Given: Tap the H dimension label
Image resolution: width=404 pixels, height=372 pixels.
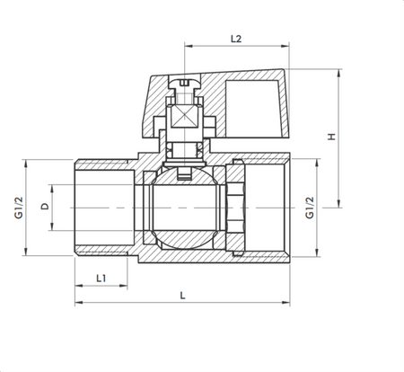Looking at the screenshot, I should (330, 137).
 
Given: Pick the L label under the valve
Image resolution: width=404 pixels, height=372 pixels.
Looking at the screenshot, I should (182, 295).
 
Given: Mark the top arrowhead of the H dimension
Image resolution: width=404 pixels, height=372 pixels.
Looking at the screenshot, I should (339, 71).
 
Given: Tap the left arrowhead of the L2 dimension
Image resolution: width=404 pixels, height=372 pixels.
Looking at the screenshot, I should (188, 47).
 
